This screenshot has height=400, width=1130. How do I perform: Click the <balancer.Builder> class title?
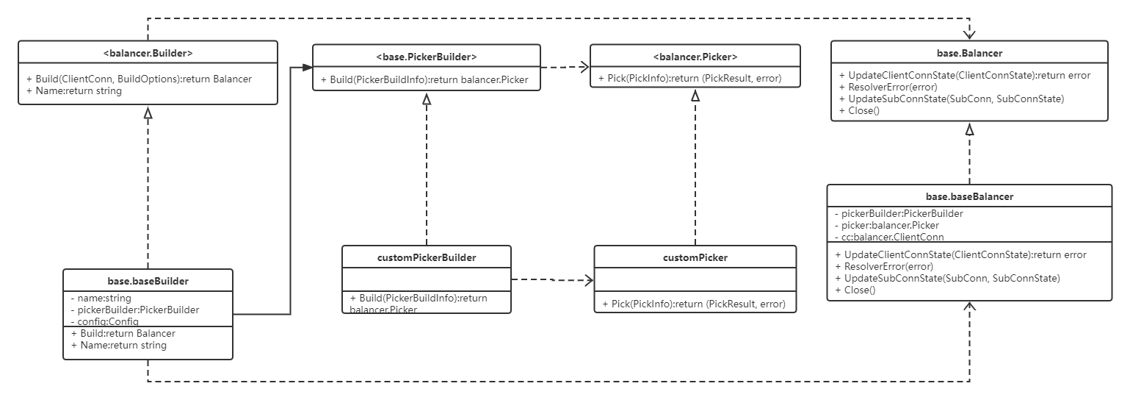coord(148,53)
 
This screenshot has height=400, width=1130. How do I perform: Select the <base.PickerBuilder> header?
coord(427,57)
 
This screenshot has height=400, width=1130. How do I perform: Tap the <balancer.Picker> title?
coord(695,57)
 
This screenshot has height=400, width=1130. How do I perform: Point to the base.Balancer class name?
coord(969,53)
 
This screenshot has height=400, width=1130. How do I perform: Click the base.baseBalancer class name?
coord(969,196)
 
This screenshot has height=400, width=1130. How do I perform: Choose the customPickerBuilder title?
coord(427,257)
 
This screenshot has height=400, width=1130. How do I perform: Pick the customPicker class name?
coord(695,257)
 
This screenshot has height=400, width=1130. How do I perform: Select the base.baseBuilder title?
coord(148,281)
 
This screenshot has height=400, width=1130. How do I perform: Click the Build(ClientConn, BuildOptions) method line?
coord(139,79)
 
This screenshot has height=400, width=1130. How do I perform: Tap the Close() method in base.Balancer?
coord(859,110)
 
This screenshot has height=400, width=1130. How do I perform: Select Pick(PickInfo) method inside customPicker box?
coord(694,304)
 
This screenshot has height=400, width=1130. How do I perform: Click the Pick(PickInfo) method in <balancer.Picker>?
coord(689,78)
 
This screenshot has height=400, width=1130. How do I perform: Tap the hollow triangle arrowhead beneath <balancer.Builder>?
coord(148,113)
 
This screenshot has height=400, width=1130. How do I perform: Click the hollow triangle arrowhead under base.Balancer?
coord(969,129)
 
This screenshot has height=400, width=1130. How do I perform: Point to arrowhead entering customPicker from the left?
coord(589,279)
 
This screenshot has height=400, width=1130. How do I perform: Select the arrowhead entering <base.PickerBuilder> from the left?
coord(308,68)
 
